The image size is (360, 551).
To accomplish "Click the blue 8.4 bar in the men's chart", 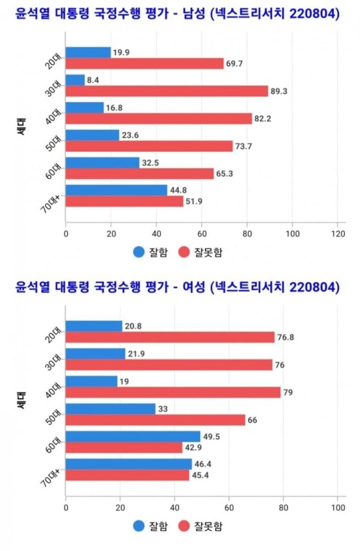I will click(75, 80).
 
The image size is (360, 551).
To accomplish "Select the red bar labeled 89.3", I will click(167, 91).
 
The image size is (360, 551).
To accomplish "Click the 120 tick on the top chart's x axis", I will click(337, 234).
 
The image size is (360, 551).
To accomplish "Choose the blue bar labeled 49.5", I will click(133, 437).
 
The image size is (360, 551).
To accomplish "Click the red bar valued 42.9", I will click(124, 448).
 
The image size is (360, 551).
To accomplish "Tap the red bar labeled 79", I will click(173, 392).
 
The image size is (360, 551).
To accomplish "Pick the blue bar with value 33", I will click(111, 409).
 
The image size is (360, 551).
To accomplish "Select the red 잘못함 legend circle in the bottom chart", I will click(184, 526).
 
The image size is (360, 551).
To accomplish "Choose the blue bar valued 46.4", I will click(129, 464).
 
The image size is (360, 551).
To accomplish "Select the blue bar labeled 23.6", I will click(92, 135).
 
